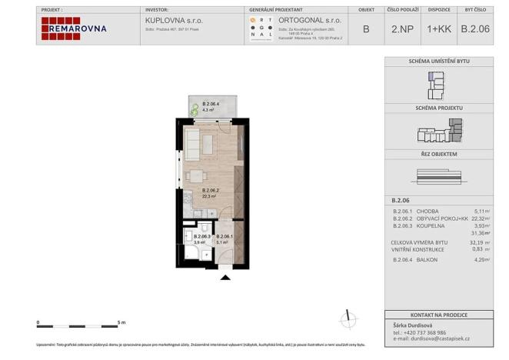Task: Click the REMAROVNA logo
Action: [x=74, y=28]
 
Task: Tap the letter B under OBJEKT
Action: [x=365, y=28]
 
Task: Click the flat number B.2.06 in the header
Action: [x=475, y=28]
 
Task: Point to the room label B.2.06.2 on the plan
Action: [x=211, y=190]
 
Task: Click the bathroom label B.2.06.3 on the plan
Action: [x=201, y=236]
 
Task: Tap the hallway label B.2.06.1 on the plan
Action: [x=225, y=236]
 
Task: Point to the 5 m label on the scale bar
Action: [x=120, y=322]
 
